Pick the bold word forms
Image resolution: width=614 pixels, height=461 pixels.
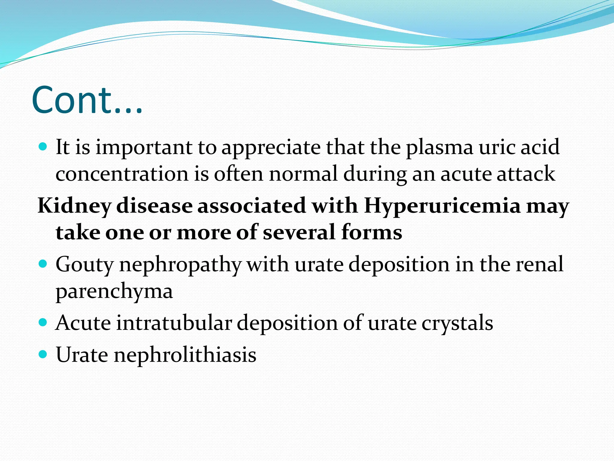point(371,233)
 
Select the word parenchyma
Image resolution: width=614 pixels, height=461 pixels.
point(114,291)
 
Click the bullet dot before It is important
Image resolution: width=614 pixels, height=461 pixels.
point(43,147)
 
